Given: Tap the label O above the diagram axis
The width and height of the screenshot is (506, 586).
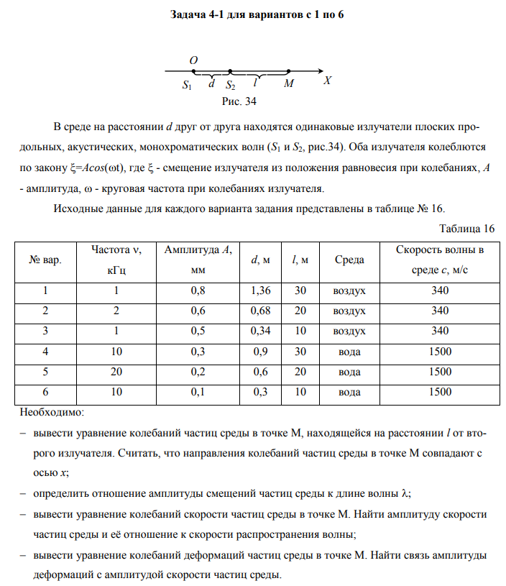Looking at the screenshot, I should point(194,60).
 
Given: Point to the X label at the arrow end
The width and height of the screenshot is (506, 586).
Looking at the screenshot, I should point(327,81).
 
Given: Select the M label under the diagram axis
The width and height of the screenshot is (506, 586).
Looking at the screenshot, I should point(288,84).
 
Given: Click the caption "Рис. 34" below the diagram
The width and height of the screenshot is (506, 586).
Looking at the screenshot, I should point(239,101).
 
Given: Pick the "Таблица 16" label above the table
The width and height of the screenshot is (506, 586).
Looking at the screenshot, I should point(466,229).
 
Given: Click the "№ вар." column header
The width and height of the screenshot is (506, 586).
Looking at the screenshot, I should point(45,260).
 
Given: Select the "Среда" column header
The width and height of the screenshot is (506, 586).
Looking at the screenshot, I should point(349,260).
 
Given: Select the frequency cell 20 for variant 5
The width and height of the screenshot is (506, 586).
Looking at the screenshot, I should point(116,372).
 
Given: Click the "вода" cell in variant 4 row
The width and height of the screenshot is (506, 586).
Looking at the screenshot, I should point(349,352).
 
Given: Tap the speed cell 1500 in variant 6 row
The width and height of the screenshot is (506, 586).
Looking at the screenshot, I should point(439,392).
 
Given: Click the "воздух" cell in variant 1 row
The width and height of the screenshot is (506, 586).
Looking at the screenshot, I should point(349,290).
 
